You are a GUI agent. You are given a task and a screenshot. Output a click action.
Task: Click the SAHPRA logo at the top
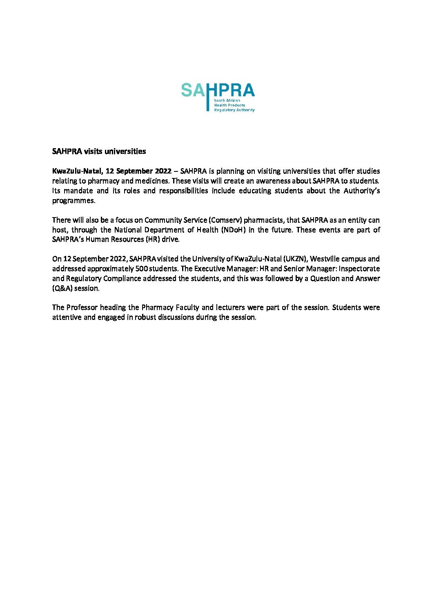(x=218, y=97)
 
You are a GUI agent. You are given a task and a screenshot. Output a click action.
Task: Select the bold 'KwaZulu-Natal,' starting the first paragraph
(x=77, y=171)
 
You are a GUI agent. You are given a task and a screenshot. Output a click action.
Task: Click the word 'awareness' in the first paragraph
(x=273, y=181)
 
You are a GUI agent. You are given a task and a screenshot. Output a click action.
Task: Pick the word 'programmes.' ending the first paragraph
(x=73, y=200)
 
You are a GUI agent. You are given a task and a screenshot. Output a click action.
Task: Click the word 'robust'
(x=145, y=317)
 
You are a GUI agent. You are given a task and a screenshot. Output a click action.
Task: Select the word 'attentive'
(x=67, y=317)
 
